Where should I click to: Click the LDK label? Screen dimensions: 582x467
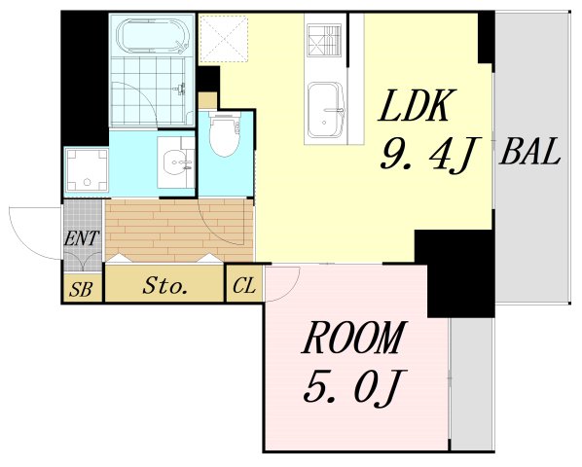[415, 106]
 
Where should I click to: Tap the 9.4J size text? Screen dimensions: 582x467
[430, 156]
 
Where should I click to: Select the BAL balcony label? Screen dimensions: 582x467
[529, 152]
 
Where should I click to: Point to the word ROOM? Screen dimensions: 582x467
[354, 338]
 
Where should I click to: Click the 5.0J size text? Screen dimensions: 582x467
[354, 386]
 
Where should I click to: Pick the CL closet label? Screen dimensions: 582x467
[244, 286]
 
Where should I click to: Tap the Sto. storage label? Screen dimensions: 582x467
[164, 286]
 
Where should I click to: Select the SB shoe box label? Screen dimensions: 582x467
[81, 289]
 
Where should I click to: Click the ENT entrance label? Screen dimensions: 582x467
[82, 238]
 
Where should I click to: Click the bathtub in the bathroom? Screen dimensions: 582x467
[153, 36]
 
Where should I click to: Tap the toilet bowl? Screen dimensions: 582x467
[224, 134]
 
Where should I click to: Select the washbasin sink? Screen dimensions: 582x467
[176, 162]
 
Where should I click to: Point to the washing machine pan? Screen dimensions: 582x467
[87, 170]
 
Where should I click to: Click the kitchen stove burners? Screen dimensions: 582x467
[325, 40]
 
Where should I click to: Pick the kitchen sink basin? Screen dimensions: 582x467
[326, 110]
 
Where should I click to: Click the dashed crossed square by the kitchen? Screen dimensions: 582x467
[224, 38]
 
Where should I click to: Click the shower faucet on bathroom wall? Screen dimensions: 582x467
[180, 89]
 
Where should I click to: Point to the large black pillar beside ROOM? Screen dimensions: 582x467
[455, 272]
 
